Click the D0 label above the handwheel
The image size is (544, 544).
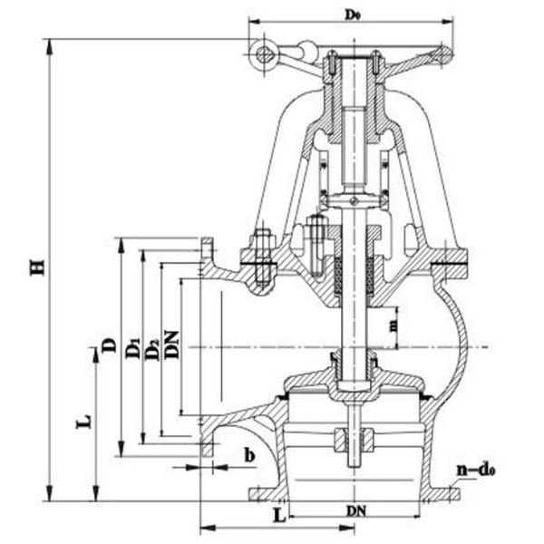point(351,14)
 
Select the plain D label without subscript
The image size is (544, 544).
point(108,345)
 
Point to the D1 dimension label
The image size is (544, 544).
point(132,346)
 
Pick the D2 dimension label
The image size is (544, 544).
point(152,346)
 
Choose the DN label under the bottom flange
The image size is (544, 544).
point(355,510)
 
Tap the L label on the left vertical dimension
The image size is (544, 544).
point(83,422)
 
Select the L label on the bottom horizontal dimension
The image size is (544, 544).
point(279,514)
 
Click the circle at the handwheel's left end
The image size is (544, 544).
point(265,54)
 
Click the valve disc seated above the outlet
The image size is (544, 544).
point(354,384)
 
